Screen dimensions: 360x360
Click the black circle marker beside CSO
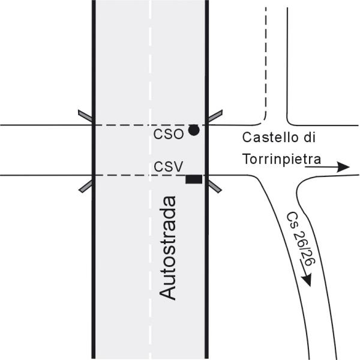click(x=193, y=130)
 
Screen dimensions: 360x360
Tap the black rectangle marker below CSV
click(x=193, y=179)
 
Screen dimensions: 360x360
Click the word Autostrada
click(x=169, y=247)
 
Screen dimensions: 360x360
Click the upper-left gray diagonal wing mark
click(x=85, y=117)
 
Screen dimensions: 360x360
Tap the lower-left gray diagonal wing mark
click(x=86, y=185)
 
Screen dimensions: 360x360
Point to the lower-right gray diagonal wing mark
click(x=214, y=184)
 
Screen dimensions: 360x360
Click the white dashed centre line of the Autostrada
click(x=151, y=72)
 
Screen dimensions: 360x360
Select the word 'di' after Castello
click(x=310, y=137)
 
